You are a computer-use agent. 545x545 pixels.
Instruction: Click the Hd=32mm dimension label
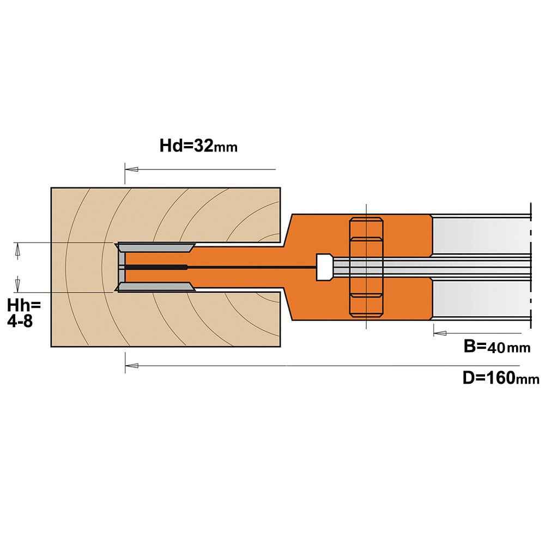click(198, 146)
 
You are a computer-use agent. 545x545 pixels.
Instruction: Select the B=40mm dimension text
click(497, 347)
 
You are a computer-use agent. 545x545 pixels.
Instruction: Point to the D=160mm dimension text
click(501, 378)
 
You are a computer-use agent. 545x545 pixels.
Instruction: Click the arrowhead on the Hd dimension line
click(132, 169)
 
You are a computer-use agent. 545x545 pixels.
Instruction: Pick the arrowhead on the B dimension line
click(440, 333)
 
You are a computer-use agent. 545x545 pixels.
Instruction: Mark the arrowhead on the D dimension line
click(132, 366)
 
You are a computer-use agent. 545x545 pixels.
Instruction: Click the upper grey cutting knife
click(156, 248)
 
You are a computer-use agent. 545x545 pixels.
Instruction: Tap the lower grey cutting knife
click(156, 287)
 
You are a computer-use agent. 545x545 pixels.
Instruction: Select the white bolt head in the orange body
click(324, 267)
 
